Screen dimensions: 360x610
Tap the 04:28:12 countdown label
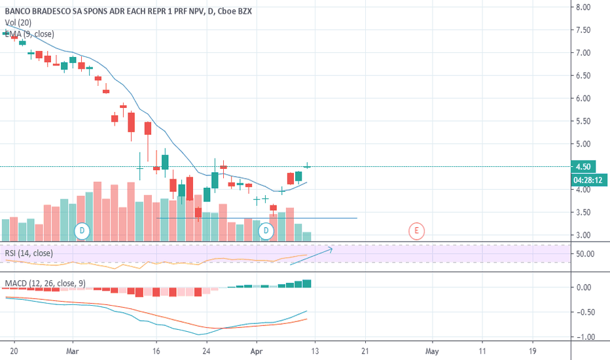587,178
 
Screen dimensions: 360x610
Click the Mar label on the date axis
73,351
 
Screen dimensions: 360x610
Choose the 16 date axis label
156,351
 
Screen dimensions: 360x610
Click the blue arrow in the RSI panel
312,257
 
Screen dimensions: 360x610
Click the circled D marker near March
82,230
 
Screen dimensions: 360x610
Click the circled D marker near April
266,230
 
